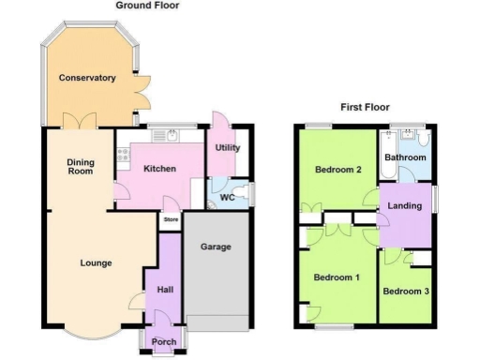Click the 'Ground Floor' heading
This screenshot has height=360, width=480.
pyautogui.click(x=148, y=6)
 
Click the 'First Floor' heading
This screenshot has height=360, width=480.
pyautogui.click(x=365, y=107)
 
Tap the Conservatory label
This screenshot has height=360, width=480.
pyautogui.click(x=86, y=78)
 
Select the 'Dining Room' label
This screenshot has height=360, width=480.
pyautogui.click(x=81, y=167)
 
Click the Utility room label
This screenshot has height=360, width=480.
pyautogui.click(x=228, y=148)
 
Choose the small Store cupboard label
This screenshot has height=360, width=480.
pyautogui.click(x=171, y=220)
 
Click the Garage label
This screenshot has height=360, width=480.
pyautogui.click(x=217, y=247)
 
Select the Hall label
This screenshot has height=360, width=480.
pyautogui.click(x=165, y=290)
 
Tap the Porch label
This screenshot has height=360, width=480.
pyautogui.click(x=164, y=341)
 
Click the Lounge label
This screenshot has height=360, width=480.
pyautogui.click(x=95, y=262)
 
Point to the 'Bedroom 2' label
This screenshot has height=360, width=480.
pyautogui.click(x=337, y=170)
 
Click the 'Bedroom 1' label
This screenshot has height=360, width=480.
pyautogui.click(x=336, y=277)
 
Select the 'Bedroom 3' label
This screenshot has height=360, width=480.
pyautogui.click(x=406, y=291)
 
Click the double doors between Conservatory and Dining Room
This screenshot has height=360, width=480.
pyautogui.click(x=75, y=122)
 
